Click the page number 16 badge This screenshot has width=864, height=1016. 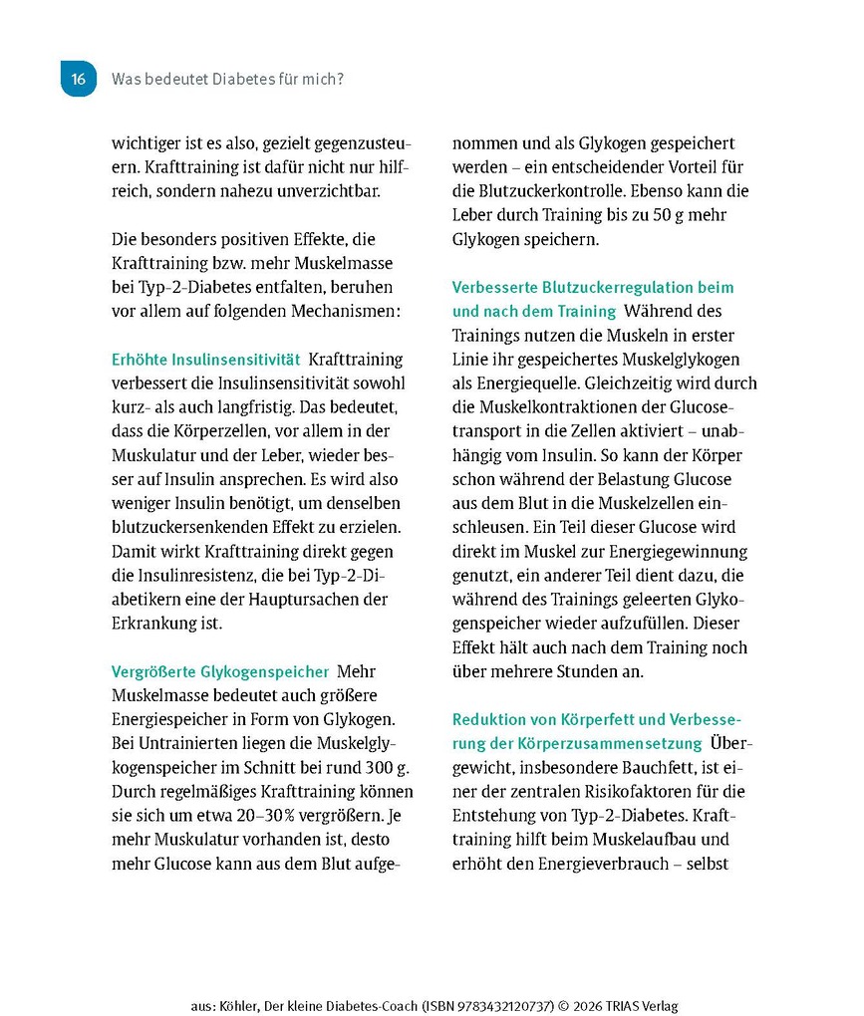pyautogui.click(x=79, y=78)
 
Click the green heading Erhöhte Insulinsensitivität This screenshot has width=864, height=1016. pyautogui.click(x=205, y=359)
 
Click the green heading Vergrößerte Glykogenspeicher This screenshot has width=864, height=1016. pyautogui.click(x=219, y=671)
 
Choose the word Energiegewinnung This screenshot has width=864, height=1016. pyautogui.click(x=677, y=551)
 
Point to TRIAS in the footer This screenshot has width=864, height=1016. pyautogui.click(x=608, y=1005)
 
